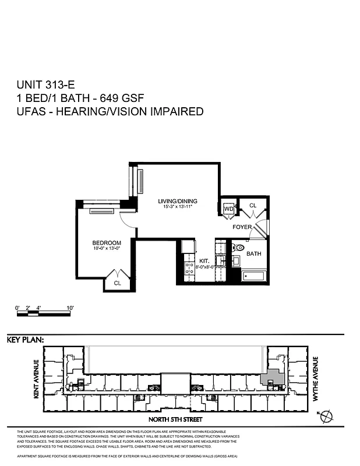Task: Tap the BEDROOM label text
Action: point(107,243)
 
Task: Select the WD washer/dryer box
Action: point(228,208)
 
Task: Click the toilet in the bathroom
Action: point(238,248)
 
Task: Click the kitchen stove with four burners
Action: point(189,269)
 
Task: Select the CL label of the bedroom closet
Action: point(117,283)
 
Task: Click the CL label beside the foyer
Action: point(253,206)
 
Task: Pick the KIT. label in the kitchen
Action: point(204,260)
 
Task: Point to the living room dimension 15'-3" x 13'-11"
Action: point(175,206)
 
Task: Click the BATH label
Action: point(254,254)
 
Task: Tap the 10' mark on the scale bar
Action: point(69,307)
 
